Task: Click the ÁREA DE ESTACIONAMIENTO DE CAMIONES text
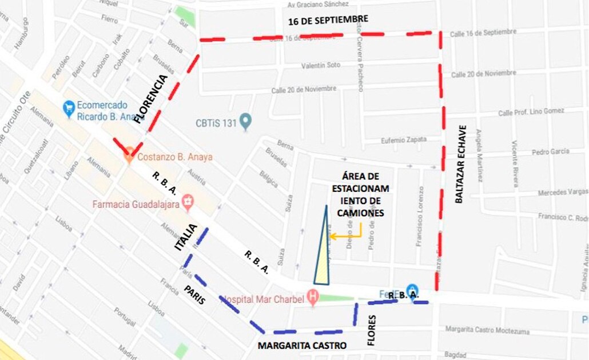[x=357, y=194]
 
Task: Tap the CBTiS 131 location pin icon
[x=246, y=122]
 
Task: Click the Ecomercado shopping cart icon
[x=69, y=107]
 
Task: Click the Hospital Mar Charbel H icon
[x=312, y=297]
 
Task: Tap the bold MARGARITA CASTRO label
[x=302, y=345]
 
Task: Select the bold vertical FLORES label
[x=372, y=331]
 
